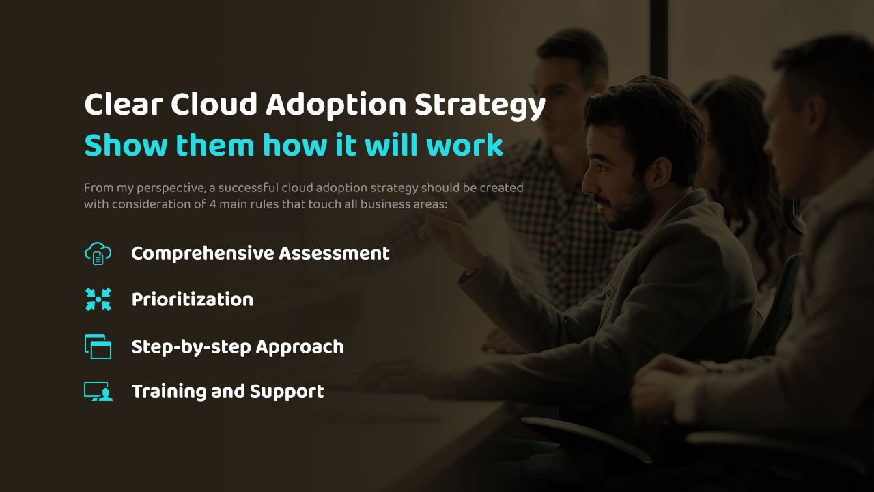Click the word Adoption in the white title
pos(336,105)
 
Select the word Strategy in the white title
pos(479,105)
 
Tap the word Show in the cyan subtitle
pos(126,145)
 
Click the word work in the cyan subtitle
pos(464,145)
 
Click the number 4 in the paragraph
pos(212,204)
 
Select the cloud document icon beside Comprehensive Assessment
pos(98,254)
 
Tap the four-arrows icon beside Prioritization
pos(98,299)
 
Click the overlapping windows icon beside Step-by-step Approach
pos(98,346)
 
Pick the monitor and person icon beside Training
pos(98,392)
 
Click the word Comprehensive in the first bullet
pos(203,254)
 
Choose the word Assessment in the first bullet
pos(334,254)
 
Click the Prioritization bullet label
pos(193,299)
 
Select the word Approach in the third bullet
pos(300,347)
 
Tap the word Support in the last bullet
pos(287,392)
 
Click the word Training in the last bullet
pos(169,392)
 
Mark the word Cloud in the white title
pos(214,105)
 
